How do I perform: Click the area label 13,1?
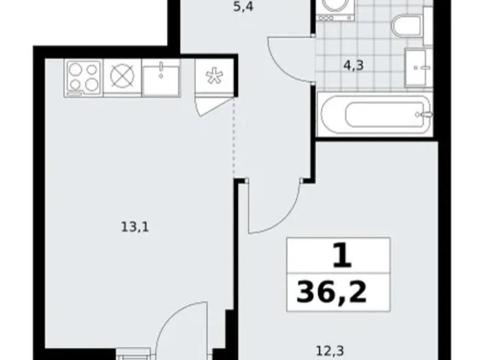[135, 227]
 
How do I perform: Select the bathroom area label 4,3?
[355, 66]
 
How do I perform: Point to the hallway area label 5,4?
[242, 9]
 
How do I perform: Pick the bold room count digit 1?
[339, 255]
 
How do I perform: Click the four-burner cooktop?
[83, 78]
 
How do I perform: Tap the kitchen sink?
[161, 78]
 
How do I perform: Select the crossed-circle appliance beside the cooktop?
[122, 78]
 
